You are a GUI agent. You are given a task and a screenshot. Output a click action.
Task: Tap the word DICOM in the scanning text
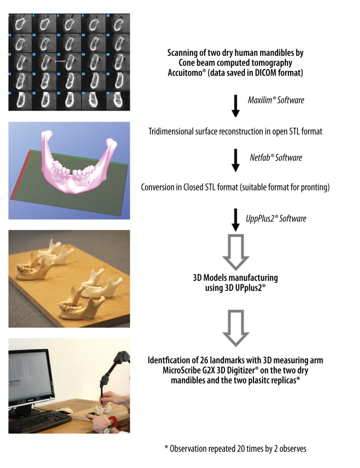click(265, 72)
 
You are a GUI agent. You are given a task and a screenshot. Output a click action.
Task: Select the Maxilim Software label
click(276, 100)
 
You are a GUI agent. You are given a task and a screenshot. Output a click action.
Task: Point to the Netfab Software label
click(276, 157)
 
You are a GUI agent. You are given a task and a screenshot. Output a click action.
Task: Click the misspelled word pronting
click(313, 187)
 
